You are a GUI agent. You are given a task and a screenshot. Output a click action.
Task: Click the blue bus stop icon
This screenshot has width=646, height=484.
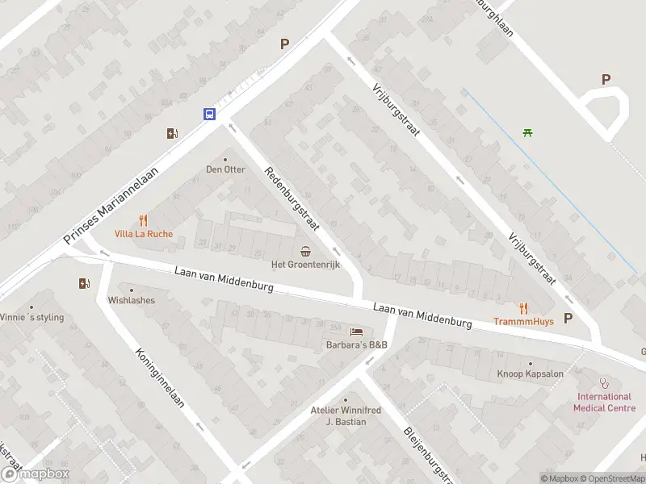point(209,114)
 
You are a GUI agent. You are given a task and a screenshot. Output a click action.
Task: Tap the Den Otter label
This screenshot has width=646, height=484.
point(225,169)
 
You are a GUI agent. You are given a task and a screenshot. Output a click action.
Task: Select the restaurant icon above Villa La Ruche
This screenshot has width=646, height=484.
point(143,220)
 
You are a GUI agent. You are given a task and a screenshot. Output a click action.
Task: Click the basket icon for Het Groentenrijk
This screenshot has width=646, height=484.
point(306,250)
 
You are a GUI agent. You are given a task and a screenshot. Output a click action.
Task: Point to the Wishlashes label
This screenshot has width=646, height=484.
point(131,300)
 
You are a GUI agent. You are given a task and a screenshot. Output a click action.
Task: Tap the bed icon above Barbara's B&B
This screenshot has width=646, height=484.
point(356,332)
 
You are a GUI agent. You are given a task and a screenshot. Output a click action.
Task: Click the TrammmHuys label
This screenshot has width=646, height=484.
point(522,321)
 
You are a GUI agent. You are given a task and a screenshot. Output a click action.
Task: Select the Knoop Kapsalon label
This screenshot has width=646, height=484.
point(531,373)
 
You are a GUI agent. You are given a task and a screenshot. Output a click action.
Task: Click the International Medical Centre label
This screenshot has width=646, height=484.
point(602,402)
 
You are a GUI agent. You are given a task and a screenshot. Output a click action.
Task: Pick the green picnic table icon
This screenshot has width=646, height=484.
point(527,132)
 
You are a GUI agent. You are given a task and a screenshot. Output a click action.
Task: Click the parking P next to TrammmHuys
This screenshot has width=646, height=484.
point(568,318)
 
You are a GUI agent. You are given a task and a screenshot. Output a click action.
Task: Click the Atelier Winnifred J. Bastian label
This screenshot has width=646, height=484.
point(346,415)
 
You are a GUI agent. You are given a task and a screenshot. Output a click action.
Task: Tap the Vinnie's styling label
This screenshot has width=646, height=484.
point(31,317)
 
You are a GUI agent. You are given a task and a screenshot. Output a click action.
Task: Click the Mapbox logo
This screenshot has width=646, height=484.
point(35,474)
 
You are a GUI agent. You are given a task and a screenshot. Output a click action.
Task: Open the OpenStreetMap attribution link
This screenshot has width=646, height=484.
point(611,478)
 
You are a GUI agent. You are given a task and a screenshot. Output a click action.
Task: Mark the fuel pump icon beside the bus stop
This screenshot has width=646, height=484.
point(171,134)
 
